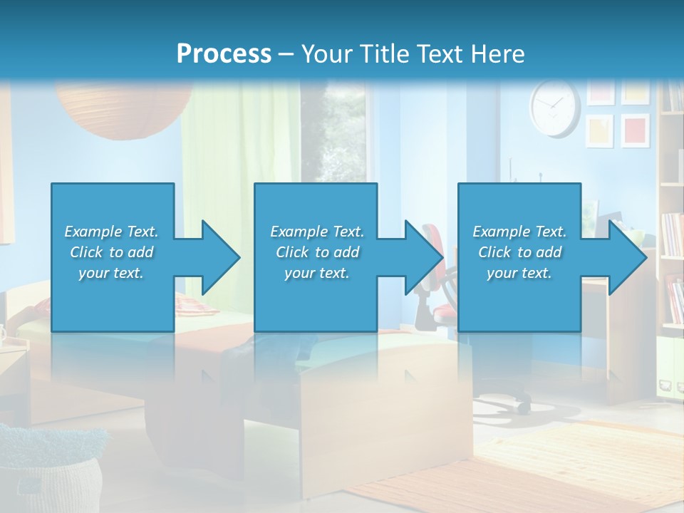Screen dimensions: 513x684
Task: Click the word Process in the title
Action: (224, 53)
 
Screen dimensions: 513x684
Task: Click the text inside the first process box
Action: (111, 252)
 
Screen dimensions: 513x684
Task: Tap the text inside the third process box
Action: (519, 252)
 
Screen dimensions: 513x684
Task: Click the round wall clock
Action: (554, 108)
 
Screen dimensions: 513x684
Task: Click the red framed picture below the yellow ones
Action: (634, 130)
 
